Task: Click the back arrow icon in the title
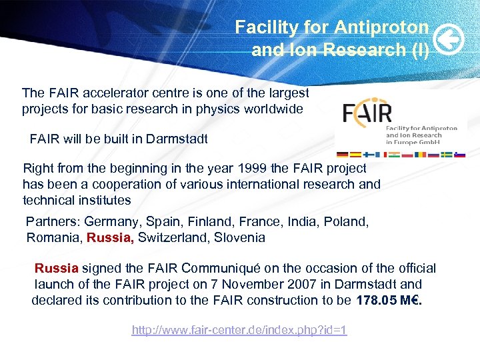click(x=445, y=41)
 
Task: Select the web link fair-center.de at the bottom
click(x=239, y=330)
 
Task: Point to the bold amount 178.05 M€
click(x=389, y=300)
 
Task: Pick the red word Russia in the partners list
click(x=111, y=237)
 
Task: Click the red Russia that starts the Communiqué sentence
click(x=57, y=269)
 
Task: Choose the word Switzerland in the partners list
click(x=169, y=237)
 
